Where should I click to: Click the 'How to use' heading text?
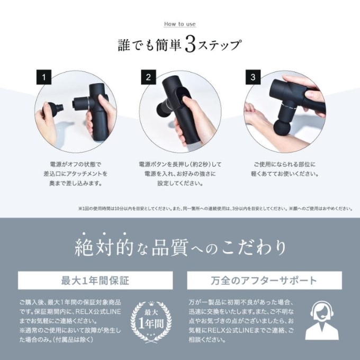pyautogui.click(x=180, y=24)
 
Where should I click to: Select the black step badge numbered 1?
pyautogui.click(x=44, y=77)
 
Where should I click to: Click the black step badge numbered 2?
pyautogui.click(x=148, y=77)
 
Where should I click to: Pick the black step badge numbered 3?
pyautogui.click(x=253, y=77)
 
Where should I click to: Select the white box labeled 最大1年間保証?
pyautogui.click(x=95, y=281)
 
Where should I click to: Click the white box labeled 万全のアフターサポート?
pyautogui.click(x=264, y=281)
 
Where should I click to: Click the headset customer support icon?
pyautogui.click(x=322, y=320)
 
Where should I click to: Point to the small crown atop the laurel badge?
pyautogui.click(x=151, y=303)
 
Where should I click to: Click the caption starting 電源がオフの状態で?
pyautogui.click(x=76, y=174)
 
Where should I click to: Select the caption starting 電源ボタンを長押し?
pyautogui.click(x=180, y=174)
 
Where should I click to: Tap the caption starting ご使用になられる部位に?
pyautogui.click(x=285, y=169)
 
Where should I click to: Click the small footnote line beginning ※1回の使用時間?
pyautogui.click(x=215, y=209)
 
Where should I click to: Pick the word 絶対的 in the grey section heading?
pyautogui.click(x=104, y=248)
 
